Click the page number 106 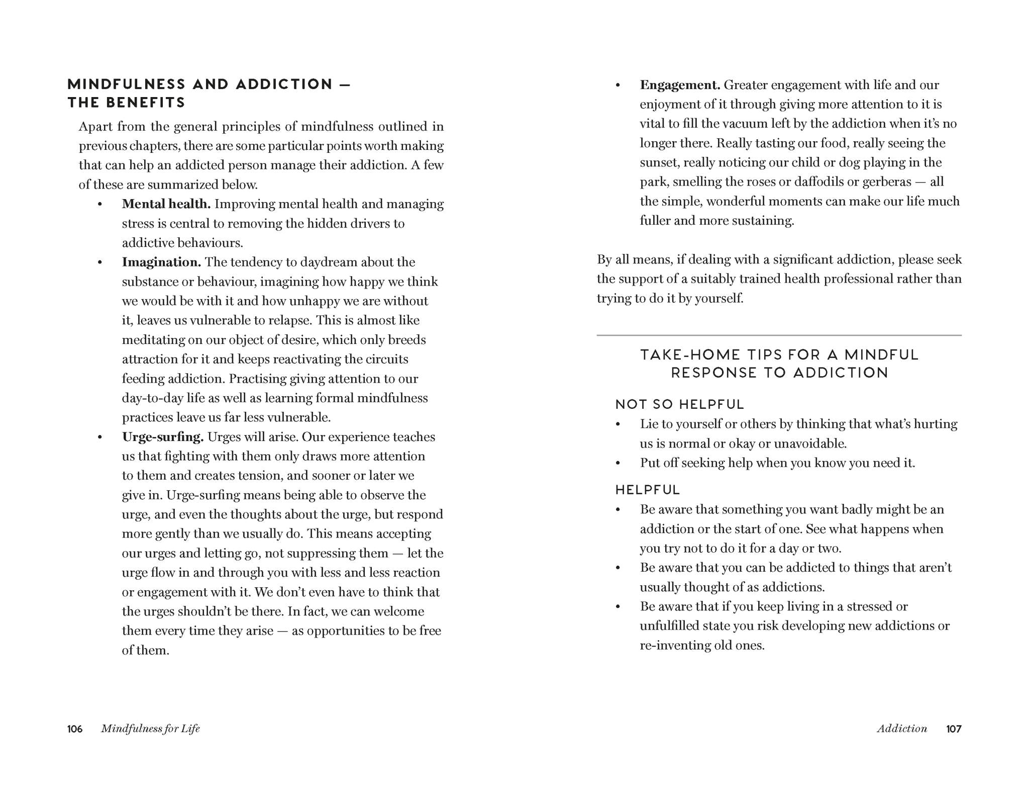[x=75, y=729]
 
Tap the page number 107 [x=954, y=729]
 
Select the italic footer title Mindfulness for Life [x=150, y=729]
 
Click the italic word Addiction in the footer [x=902, y=729]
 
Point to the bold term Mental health [x=166, y=204]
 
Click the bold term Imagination [x=161, y=262]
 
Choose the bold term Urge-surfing [x=163, y=437]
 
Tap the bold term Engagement [x=680, y=85]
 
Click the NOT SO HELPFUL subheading [x=679, y=404]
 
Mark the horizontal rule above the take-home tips [x=779, y=335]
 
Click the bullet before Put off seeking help [x=618, y=463]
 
